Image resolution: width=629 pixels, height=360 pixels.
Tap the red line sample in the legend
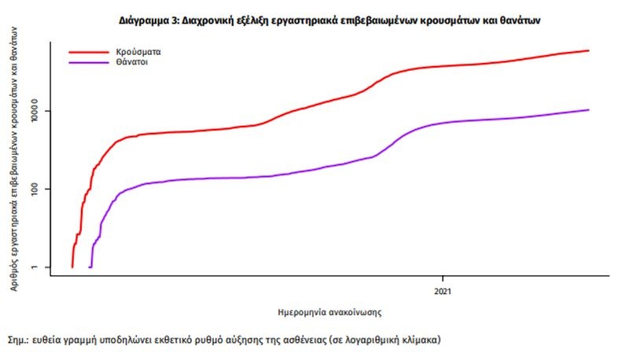(89, 52)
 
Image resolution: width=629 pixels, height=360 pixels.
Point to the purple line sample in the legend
(89, 61)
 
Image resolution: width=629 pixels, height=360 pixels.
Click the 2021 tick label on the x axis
(443, 290)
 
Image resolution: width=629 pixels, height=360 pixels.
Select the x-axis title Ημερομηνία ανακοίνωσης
(330, 311)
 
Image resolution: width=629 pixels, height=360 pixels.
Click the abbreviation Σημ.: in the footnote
(19, 342)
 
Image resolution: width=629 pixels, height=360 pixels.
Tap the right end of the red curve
(588, 50)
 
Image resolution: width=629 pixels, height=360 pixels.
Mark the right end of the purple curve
(588, 110)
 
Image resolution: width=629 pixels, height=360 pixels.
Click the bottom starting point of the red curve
(72, 266)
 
